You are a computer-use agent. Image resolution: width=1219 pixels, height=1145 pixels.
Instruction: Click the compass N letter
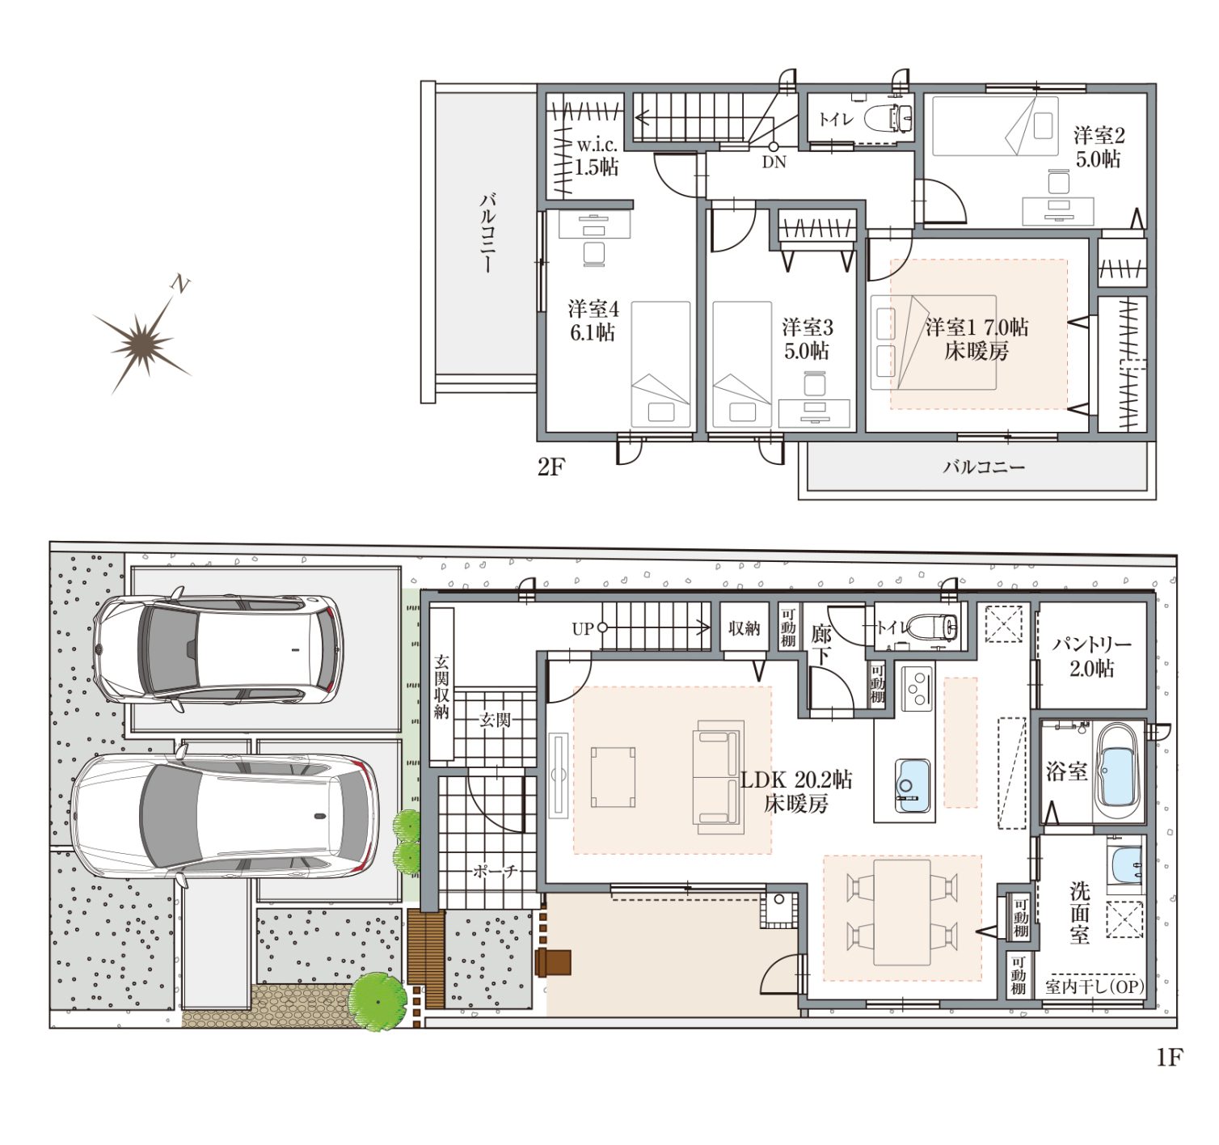coord(180,284)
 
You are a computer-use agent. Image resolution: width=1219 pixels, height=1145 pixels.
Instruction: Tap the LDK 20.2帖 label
coord(796,780)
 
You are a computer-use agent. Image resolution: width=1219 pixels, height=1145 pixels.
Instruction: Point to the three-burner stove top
coord(917,689)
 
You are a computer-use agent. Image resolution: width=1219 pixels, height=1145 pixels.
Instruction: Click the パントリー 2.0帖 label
coord(1091,656)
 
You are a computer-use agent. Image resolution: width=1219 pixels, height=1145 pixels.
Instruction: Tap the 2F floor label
coord(550,467)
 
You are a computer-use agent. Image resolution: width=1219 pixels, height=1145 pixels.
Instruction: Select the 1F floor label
coord(1169,1057)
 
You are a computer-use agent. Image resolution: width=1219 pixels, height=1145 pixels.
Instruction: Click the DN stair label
coord(774,163)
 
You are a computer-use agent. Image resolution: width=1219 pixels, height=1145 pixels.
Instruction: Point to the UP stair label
coord(583,628)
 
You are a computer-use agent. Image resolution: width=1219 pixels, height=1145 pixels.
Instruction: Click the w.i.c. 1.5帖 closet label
coord(597,156)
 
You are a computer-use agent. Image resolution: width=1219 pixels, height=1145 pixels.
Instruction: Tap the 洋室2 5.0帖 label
coord(1099,147)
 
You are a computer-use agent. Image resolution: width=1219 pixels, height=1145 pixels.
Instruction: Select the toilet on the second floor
coord(888,118)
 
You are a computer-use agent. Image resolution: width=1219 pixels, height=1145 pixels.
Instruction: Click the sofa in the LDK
coord(718,776)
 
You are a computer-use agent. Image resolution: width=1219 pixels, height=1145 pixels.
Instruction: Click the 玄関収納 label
coord(441,687)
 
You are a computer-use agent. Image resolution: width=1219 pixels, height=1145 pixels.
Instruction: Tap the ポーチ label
coord(495,871)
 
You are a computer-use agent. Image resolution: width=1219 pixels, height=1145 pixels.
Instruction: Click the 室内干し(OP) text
coord(1095,987)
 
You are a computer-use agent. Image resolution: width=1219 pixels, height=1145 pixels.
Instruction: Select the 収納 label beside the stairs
coord(744,627)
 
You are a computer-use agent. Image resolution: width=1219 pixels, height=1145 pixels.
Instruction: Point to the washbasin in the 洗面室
coord(1125,864)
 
